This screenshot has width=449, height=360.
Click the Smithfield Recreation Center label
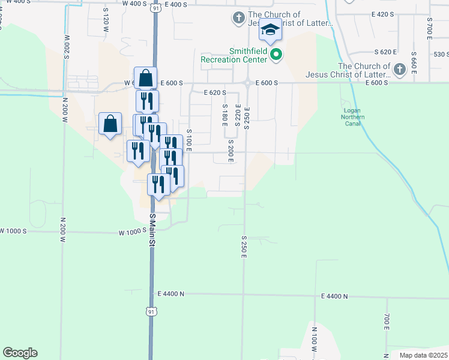(x=234, y=56)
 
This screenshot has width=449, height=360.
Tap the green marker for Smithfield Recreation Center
(x=276, y=56)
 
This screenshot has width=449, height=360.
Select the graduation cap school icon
(x=270, y=30)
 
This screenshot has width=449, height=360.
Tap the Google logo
(x=20, y=353)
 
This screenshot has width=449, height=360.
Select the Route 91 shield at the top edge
(x=156, y=8)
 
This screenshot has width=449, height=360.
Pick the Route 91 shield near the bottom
(x=151, y=311)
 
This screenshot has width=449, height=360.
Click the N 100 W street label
(x=314, y=340)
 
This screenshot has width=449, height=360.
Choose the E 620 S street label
(x=215, y=93)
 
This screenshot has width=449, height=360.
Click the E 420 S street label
(x=382, y=14)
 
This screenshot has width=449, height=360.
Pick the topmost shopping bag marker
(x=146, y=78)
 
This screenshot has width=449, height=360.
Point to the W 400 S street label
(x=134, y=4)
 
